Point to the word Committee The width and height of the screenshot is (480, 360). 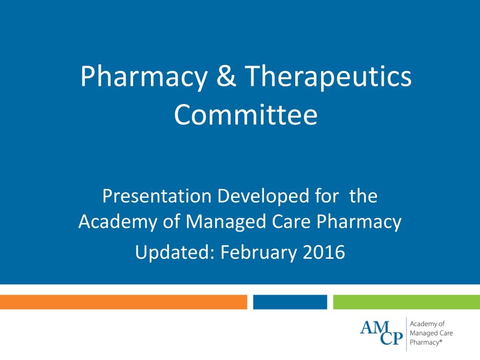(246, 115)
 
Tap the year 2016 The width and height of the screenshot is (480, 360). (324, 253)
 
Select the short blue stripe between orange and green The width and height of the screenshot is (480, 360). (290, 302)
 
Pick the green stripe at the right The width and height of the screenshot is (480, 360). (406, 302)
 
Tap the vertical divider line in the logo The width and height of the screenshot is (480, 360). (406, 334)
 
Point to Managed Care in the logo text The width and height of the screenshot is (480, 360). (431, 333)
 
